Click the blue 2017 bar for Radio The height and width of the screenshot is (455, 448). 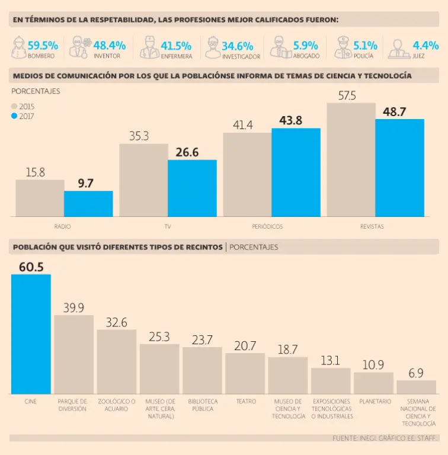(88, 203)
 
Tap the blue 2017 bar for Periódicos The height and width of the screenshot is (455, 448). (296, 172)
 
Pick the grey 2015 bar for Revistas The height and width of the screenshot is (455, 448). (351, 159)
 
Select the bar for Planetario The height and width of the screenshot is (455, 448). (373, 383)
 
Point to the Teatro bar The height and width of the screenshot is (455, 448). (245, 373)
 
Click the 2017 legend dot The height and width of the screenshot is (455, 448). (15, 116)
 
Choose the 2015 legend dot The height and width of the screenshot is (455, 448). (15, 106)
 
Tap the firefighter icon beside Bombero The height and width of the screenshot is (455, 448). (18, 47)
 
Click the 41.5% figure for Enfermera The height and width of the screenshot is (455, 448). (175, 45)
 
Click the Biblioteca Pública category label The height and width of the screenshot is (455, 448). (203, 405)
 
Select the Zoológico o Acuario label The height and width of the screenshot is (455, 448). (117, 405)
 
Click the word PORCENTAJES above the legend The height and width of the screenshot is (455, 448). (36, 91)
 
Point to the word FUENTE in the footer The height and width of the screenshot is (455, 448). (345, 438)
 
